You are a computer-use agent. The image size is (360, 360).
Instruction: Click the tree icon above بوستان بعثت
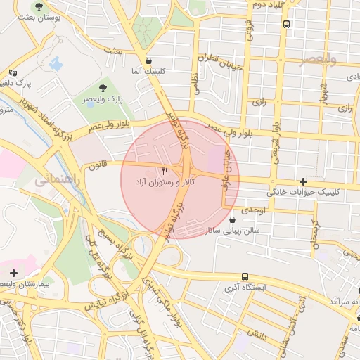(39, 6)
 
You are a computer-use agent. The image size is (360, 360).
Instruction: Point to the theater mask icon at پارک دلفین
(13, 72)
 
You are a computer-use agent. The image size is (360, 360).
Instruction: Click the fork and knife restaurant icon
(165, 171)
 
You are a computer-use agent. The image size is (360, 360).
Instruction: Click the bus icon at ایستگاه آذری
(244, 276)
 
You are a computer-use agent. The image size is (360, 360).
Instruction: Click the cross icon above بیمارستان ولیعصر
(13, 272)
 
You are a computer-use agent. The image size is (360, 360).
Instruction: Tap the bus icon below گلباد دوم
(285, 23)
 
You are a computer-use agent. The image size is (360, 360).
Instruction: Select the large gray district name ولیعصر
(317, 59)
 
